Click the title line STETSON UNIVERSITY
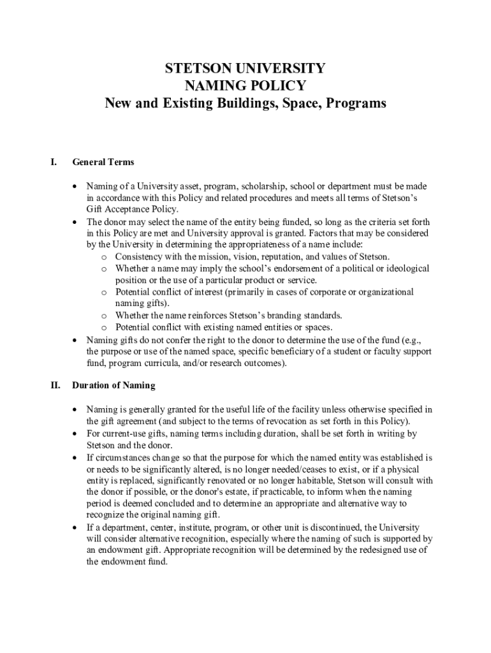tap(246, 68)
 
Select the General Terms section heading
tap(103, 162)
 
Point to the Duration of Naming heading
tap(114, 385)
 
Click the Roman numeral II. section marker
tap(55, 385)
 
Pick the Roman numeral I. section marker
tap(54, 162)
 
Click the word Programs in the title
tap(355, 103)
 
